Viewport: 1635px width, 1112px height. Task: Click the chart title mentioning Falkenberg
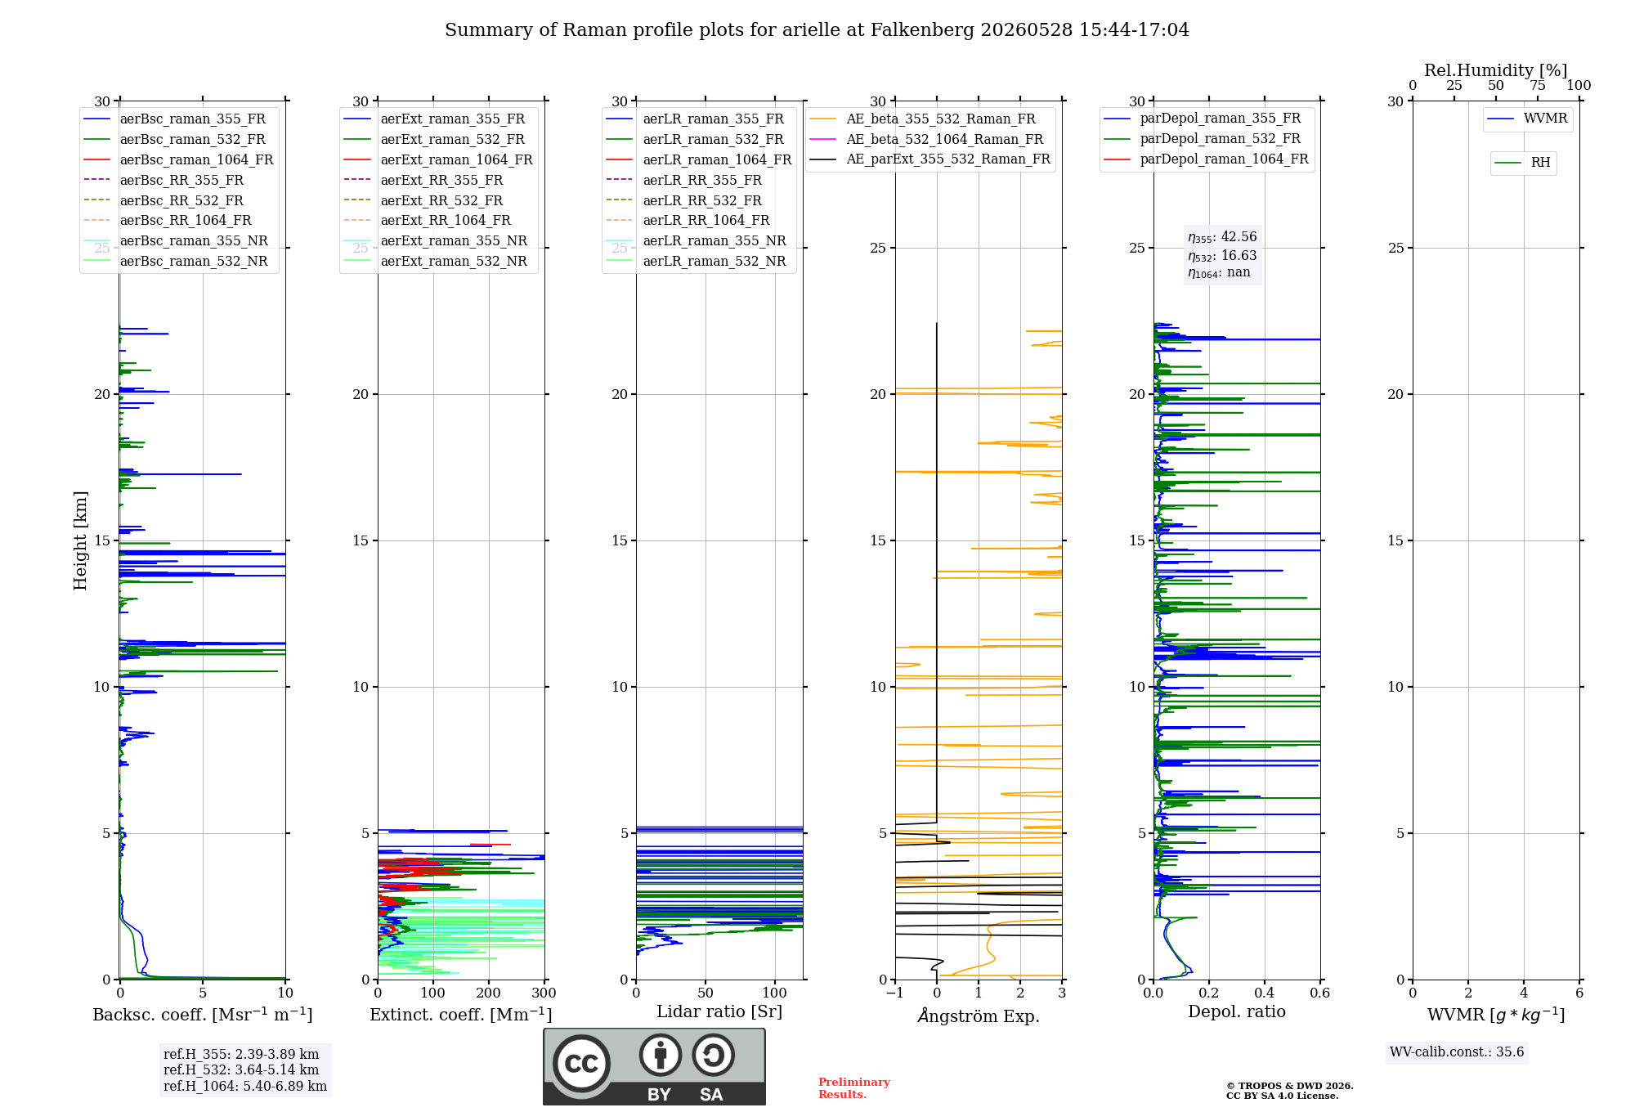pos(817,30)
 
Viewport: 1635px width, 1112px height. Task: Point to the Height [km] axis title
pos(80,540)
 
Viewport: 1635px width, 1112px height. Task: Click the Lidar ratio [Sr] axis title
pos(719,1012)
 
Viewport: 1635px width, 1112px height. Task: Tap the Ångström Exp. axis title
pos(979,1016)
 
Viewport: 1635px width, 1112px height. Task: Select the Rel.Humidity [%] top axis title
pos(1496,70)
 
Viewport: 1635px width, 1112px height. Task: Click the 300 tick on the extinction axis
pos(544,993)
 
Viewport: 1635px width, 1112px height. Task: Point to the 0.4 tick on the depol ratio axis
pos(1265,993)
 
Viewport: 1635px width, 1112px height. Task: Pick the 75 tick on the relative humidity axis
pos(1538,86)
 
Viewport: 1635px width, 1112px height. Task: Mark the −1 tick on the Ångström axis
pos(895,993)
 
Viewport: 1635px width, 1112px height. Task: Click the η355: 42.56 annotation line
pos(1222,237)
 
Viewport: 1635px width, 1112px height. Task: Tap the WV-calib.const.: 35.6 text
pos(1457,1052)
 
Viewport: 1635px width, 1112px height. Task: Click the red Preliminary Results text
pos(854,1088)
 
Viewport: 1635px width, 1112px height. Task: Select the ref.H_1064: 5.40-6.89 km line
pos(245,1087)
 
